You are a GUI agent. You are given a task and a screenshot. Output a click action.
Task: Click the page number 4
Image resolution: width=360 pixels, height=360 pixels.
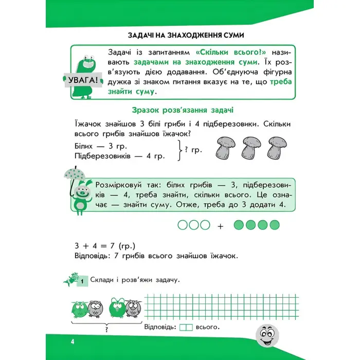(74, 342)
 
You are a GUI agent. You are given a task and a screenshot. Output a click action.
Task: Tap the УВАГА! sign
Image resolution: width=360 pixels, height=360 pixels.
(82, 80)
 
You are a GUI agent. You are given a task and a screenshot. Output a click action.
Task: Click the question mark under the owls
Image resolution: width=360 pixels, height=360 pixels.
(105, 330)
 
